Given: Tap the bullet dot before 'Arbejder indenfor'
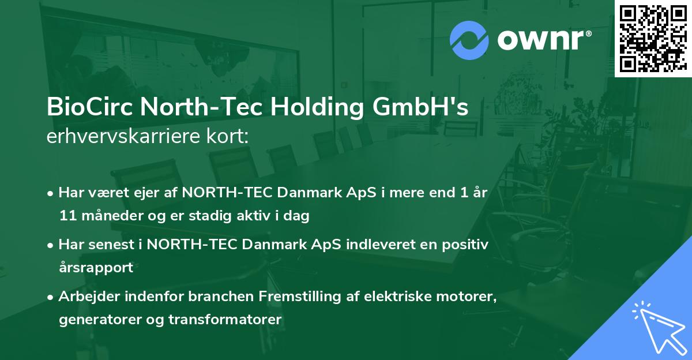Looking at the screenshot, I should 52,298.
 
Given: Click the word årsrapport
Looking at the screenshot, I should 96,268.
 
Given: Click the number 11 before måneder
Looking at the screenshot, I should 67,216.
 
